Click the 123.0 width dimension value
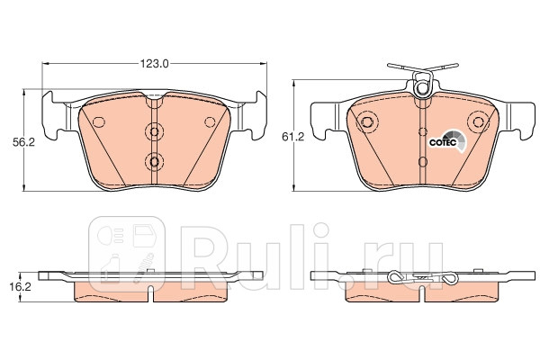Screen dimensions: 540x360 (154, 63)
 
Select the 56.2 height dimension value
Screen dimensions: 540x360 (24, 142)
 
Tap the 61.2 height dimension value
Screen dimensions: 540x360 (293, 137)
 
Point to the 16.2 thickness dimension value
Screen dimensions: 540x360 (21, 287)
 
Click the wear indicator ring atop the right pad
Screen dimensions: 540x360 (422, 88)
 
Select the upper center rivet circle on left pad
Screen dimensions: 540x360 (155, 131)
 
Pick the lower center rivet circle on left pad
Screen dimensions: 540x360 (155, 161)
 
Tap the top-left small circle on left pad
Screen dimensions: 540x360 (99, 121)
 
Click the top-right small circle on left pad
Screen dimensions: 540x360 (210, 121)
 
